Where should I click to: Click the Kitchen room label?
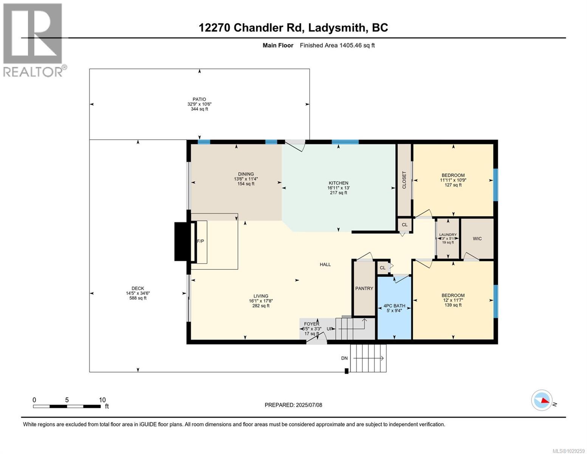pyautogui.click(x=338, y=183)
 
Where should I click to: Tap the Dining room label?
pyautogui.click(x=246, y=174)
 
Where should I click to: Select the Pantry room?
pyautogui.click(x=364, y=288)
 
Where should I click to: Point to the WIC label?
pyautogui.click(x=477, y=239)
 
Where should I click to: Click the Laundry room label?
pyautogui.click(x=448, y=235)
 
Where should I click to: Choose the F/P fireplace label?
pyautogui.click(x=200, y=241)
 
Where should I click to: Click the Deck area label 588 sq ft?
pyautogui.click(x=138, y=298)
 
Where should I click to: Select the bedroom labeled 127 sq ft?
pyautogui.click(x=453, y=180)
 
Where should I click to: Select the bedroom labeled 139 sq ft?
pyautogui.click(x=453, y=300)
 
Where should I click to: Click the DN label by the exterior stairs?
pyautogui.click(x=344, y=358)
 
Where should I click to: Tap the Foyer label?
pyautogui.click(x=311, y=324)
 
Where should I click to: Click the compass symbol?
pyautogui.click(x=542, y=400)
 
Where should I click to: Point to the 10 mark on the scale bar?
pyautogui.click(x=102, y=400)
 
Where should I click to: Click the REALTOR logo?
pyautogui.click(x=33, y=40)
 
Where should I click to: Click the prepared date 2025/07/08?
pyautogui.click(x=309, y=405)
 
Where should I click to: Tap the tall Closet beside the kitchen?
pyautogui.click(x=404, y=180)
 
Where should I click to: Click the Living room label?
pyautogui.click(x=261, y=296)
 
